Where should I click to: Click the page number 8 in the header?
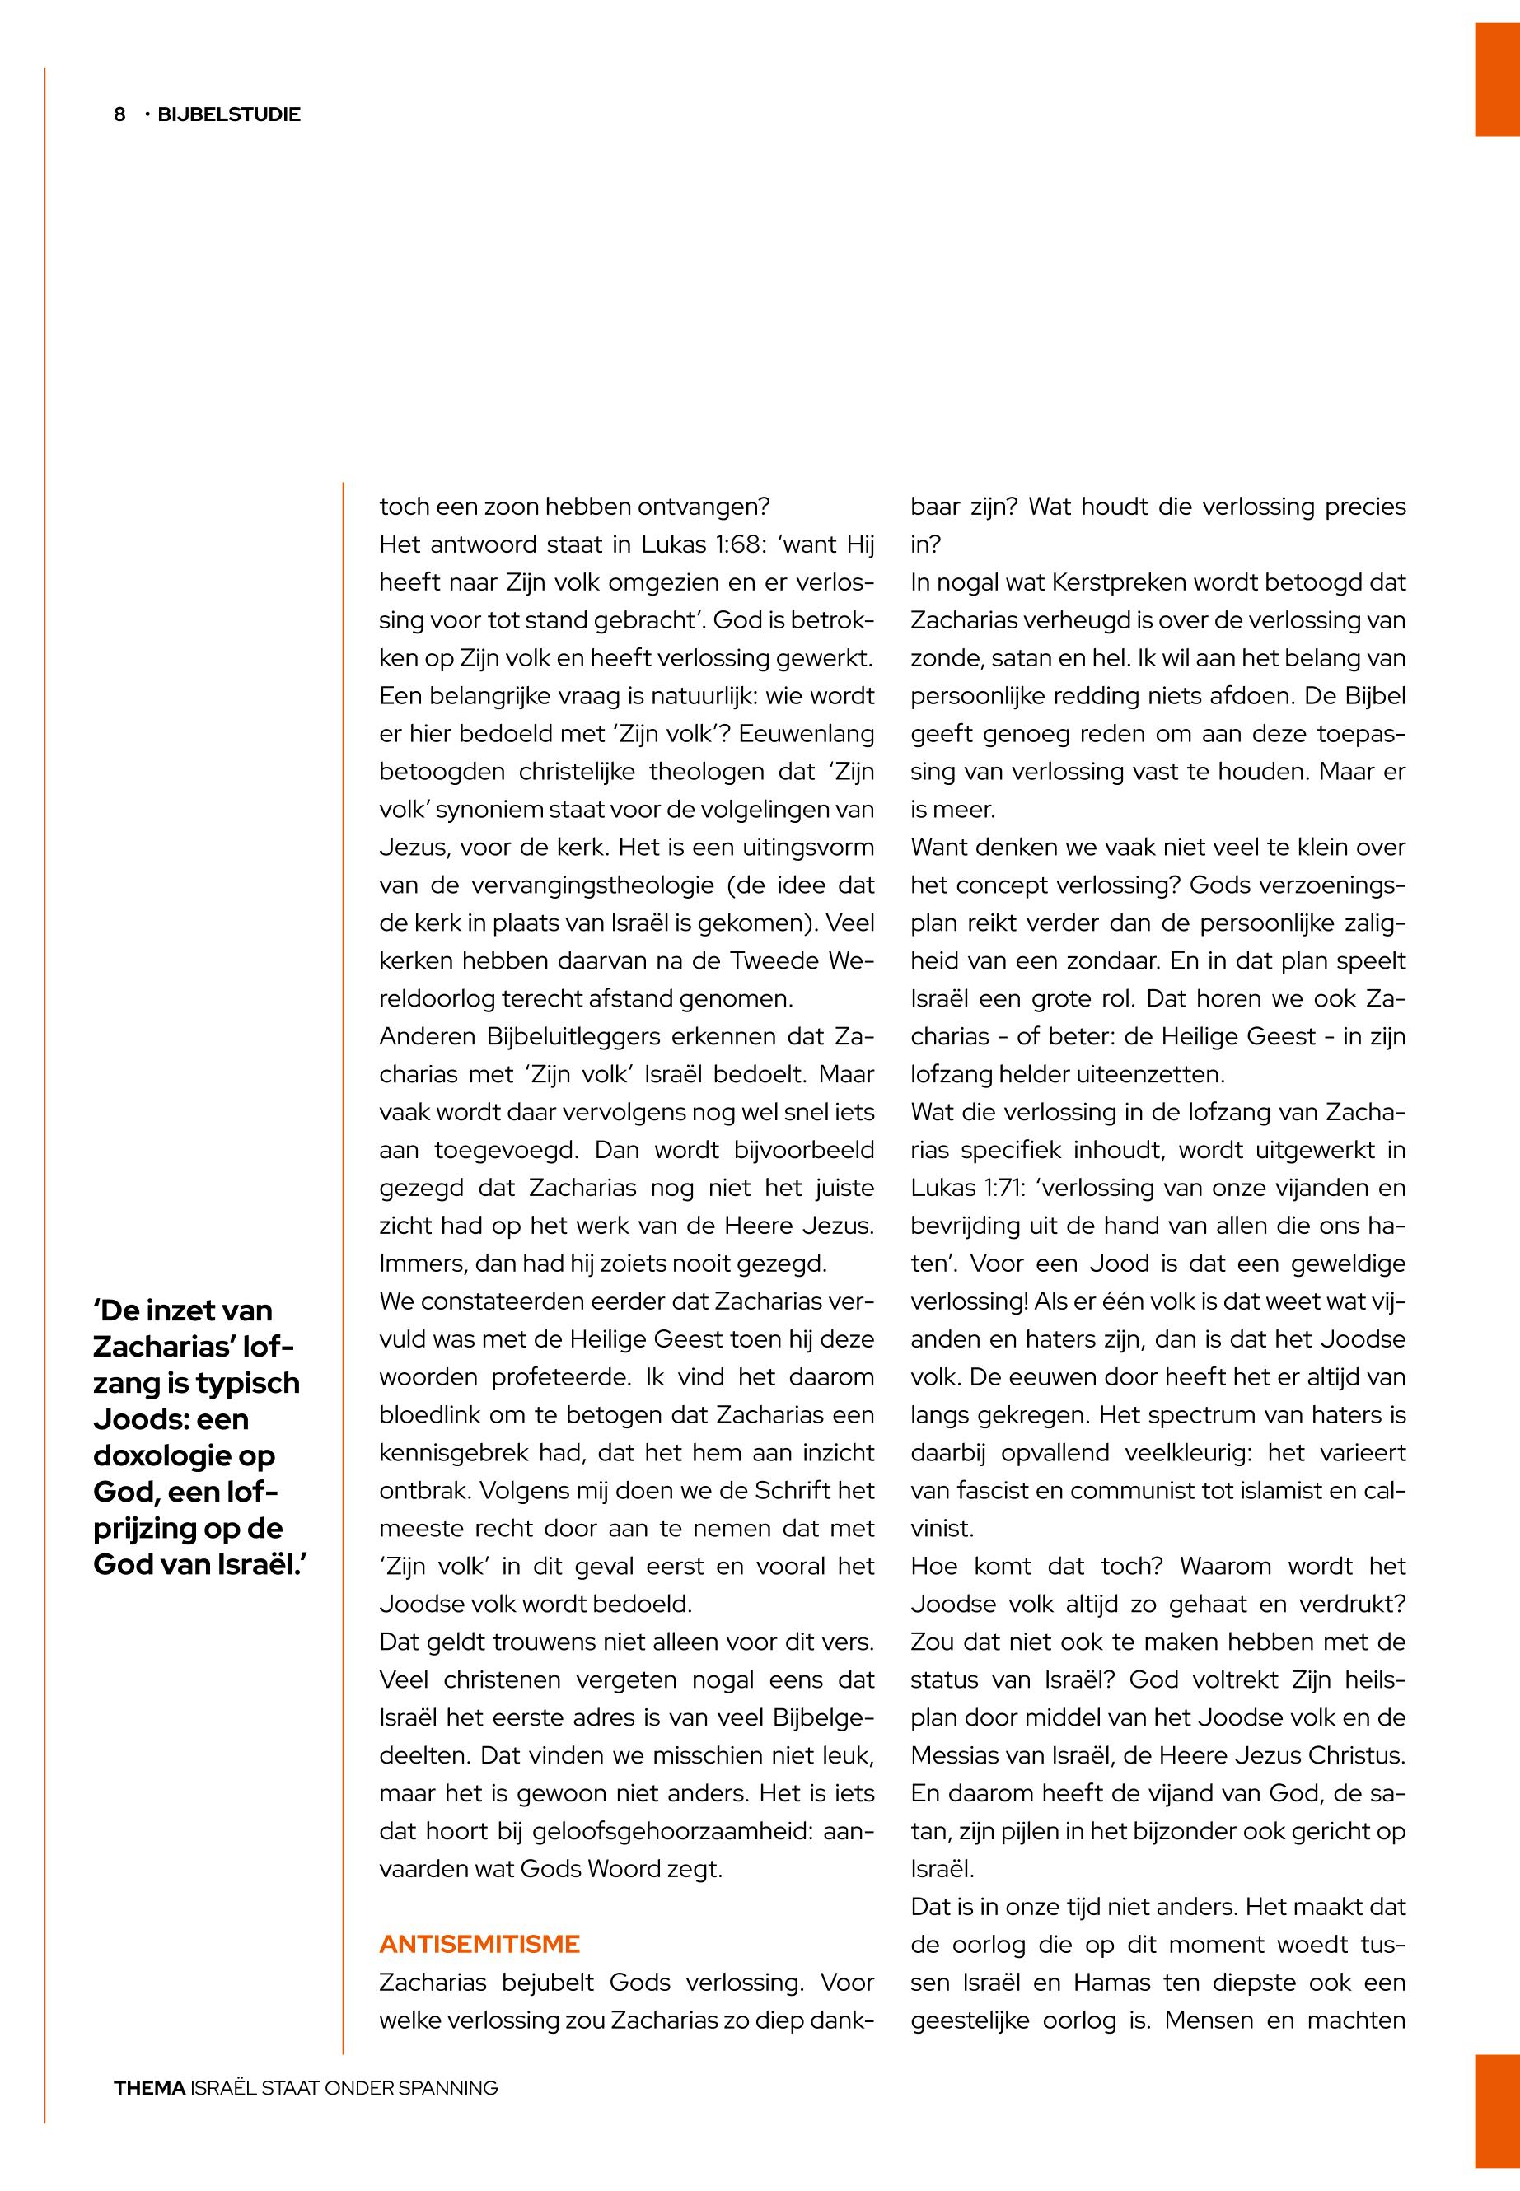[120, 114]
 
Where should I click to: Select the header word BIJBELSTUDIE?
[228, 114]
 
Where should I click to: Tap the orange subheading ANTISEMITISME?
[479, 1943]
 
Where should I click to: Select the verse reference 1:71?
[996, 1188]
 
